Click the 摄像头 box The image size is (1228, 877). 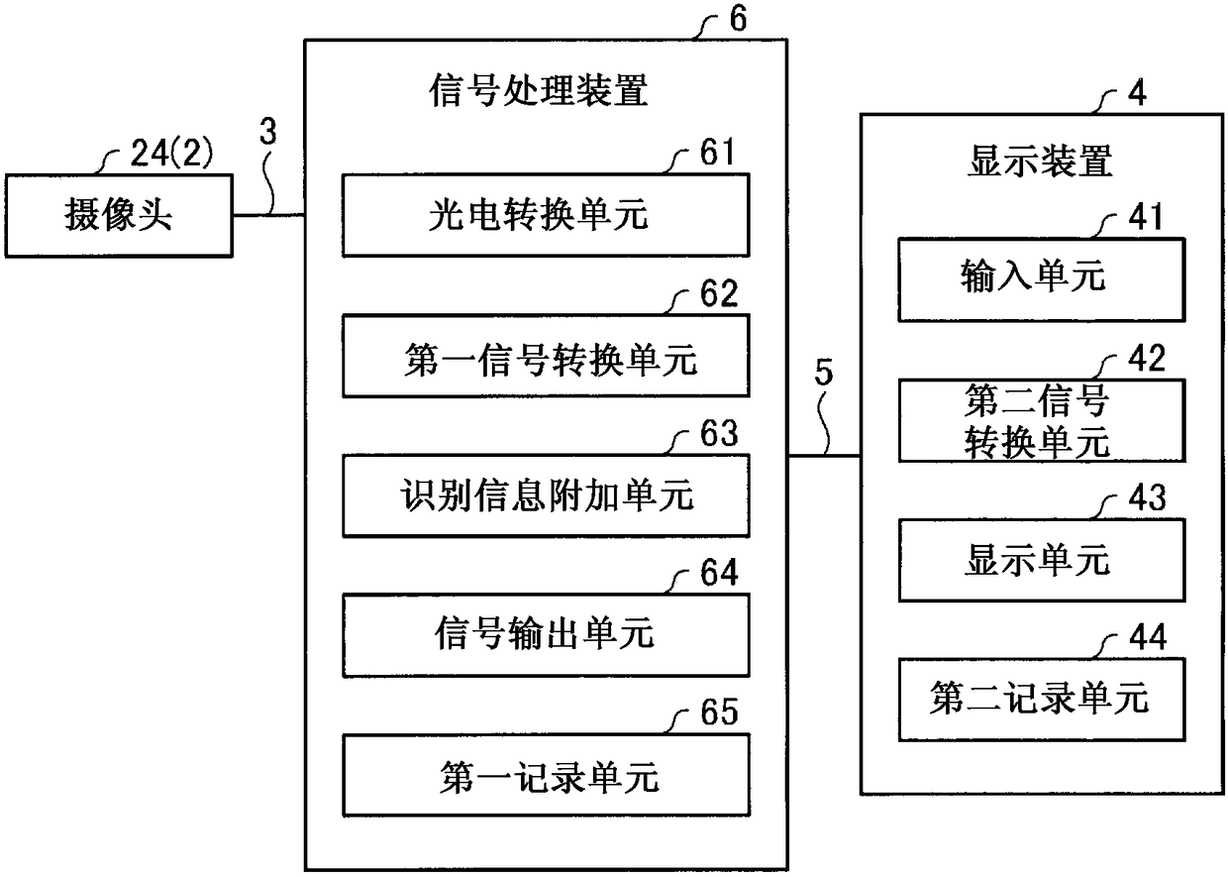click(119, 216)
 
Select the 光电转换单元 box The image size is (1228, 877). click(546, 215)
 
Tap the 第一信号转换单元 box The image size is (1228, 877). click(546, 356)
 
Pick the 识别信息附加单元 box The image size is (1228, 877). click(546, 495)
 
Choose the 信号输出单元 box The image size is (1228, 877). click(546, 635)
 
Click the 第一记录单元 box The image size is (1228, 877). click(546, 776)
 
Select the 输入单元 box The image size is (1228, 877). click(1042, 279)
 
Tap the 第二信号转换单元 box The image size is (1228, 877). click(1042, 420)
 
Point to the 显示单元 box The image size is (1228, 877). click(1042, 560)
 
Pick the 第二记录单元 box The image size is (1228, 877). click(1042, 700)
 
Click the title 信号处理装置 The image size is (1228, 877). click(539, 90)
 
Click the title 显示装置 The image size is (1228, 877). click(1040, 162)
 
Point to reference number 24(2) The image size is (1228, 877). click(171, 153)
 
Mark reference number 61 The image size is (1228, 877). click(717, 152)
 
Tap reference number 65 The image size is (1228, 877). click(719, 712)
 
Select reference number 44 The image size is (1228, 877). click(1148, 637)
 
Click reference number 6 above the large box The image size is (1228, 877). click(739, 18)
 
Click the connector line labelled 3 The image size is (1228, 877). click(268, 215)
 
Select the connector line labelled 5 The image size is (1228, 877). click(824, 455)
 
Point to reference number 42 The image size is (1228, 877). click(1147, 358)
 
